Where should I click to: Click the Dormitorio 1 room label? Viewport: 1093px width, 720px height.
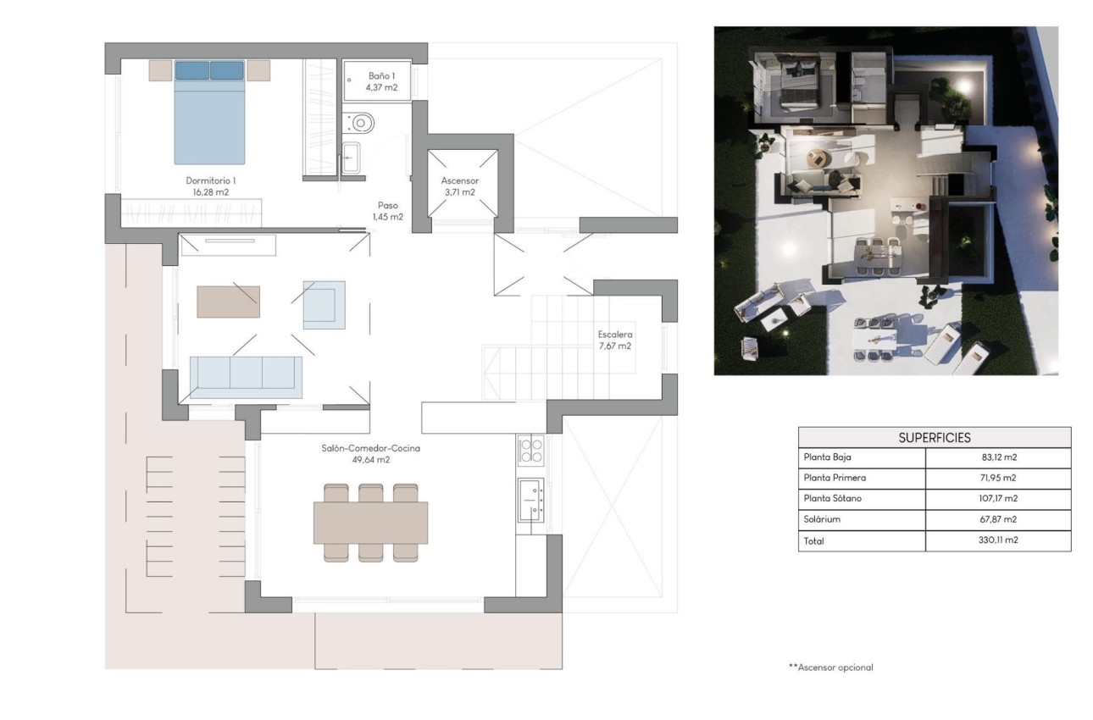click(208, 186)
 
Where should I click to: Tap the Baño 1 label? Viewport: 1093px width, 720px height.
click(381, 81)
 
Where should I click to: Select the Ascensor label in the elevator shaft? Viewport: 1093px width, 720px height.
click(460, 186)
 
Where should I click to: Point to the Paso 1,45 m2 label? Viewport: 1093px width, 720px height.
click(388, 211)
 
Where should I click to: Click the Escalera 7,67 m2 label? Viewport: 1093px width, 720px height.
click(613, 340)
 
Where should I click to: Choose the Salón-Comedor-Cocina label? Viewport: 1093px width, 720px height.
click(371, 454)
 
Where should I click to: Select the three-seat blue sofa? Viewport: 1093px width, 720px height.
click(246, 377)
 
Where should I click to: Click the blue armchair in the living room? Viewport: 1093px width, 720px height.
click(325, 305)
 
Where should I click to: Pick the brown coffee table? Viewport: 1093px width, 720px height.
click(228, 302)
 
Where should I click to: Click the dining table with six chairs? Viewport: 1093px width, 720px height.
click(370, 523)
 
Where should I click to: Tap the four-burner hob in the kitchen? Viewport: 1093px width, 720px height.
click(530, 450)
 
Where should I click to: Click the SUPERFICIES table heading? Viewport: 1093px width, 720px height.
click(935, 437)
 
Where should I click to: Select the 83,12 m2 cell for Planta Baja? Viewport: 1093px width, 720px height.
click(998, 457)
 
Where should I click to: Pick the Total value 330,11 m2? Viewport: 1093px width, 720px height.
click(998, 540)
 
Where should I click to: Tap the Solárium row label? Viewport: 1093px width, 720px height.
click(824, 519)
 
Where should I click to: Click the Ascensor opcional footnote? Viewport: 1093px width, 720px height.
click(830, 667)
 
